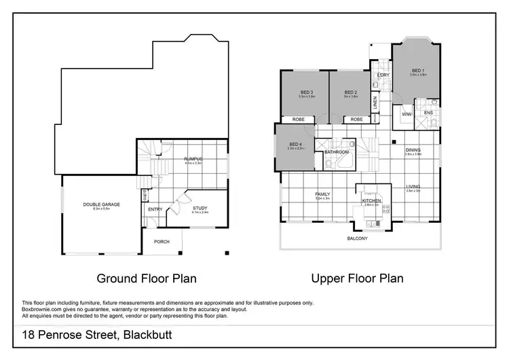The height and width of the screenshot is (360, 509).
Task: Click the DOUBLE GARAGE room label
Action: pyautogui.click(x=101, y=204)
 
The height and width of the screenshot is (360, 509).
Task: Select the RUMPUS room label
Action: pyautogui.click(x=194, y=159)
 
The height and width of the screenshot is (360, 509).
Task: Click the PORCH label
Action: pyautogui.click(x=162, y=241)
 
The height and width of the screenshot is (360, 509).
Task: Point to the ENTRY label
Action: pyautogui.click(x=155, y=209)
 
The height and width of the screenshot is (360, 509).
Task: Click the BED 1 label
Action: pyautogui.click(x=418, y=71)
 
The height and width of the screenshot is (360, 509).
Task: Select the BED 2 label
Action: pyautogui.click(x=350, y=92)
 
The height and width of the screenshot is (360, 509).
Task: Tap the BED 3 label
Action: pyautogui.click(x=307, y=92)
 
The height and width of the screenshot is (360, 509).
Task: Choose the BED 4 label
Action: pyautogui.click(x=295, y=144)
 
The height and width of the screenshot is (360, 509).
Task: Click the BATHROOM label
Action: pyautogui.click(x=336, y=153)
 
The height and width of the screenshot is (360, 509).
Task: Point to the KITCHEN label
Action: pyautogui.click(x=371, y=200)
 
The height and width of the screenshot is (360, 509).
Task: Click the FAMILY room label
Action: pyautogui.click(x=322, y=194)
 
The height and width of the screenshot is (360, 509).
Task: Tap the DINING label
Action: pyautogui.click(x=413, y=150)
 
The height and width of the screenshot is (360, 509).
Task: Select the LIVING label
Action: pyautogui.click(x=413, y=187)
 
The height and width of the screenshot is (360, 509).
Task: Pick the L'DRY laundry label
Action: pyautogui.click(x=383, y=75)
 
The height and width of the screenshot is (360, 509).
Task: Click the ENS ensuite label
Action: pyautogui.click(x=428, y=112)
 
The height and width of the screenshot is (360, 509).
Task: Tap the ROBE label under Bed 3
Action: pyautogui.click(x=298, y=120)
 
